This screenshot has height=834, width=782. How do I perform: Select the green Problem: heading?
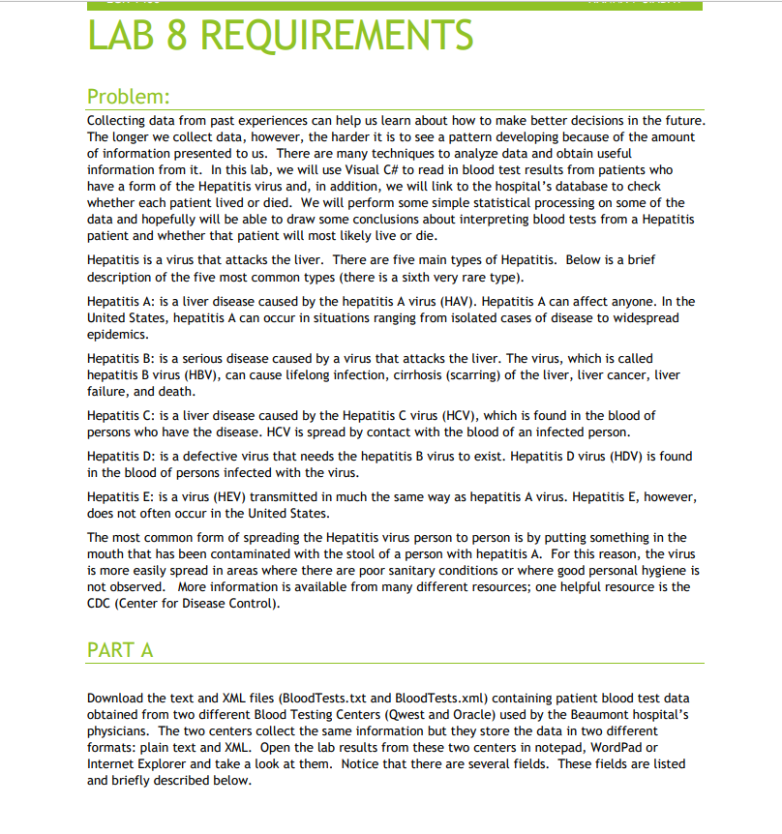[x=128, y=98]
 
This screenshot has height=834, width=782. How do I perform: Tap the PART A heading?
[x=120, y=649]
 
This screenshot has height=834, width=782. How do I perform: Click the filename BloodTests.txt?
[x=320, y=698]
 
